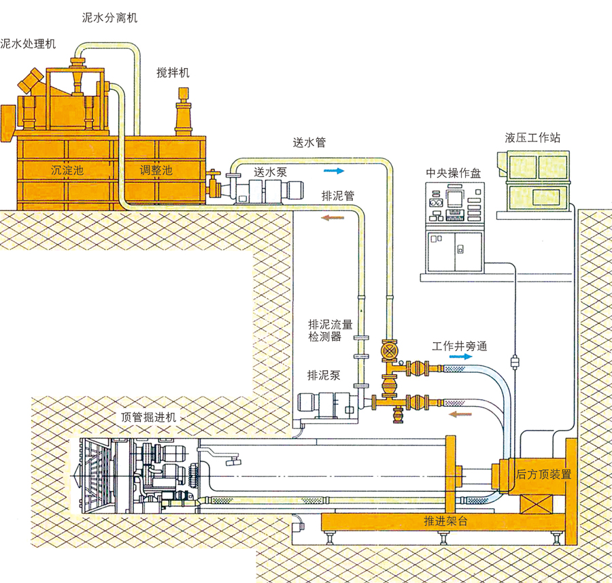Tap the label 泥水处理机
(x=28, y=44)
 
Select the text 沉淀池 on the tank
(x=68, y=169)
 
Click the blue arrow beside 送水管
(x=334, y=171)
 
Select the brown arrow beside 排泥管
(x=333, y=218)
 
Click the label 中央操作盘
(x=453, y=173)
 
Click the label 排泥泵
(x=324, y=375)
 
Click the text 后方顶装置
(x=543, y=474)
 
